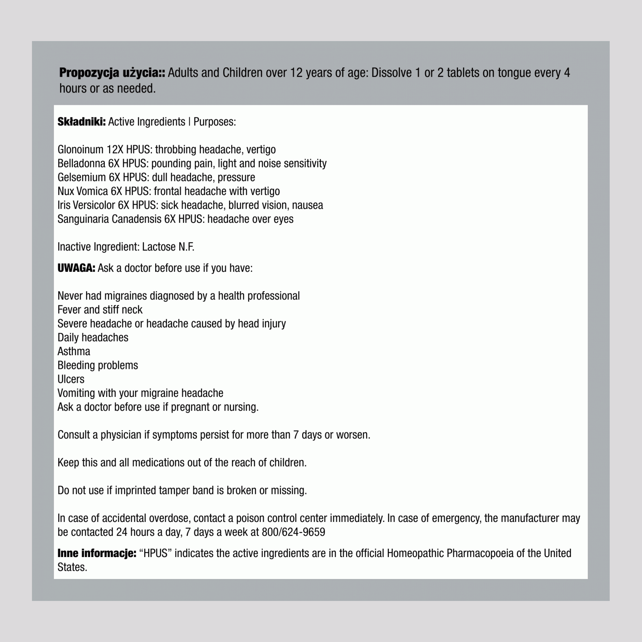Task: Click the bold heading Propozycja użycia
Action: point(112,73)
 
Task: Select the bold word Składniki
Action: point(82,122)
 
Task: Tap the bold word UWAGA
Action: point(76,268)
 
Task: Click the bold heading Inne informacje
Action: point(97,553)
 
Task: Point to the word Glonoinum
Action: point(81,150)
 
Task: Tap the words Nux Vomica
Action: point(83,192)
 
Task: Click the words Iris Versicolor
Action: point(86,205)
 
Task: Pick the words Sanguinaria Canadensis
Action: point(109,219)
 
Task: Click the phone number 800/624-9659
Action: point(293,532)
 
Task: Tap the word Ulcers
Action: point(71,380)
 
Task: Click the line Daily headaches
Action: point(93,338)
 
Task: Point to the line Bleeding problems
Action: point(98,366)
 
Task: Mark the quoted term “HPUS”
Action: point(155,553)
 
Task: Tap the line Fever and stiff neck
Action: point(100,310)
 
